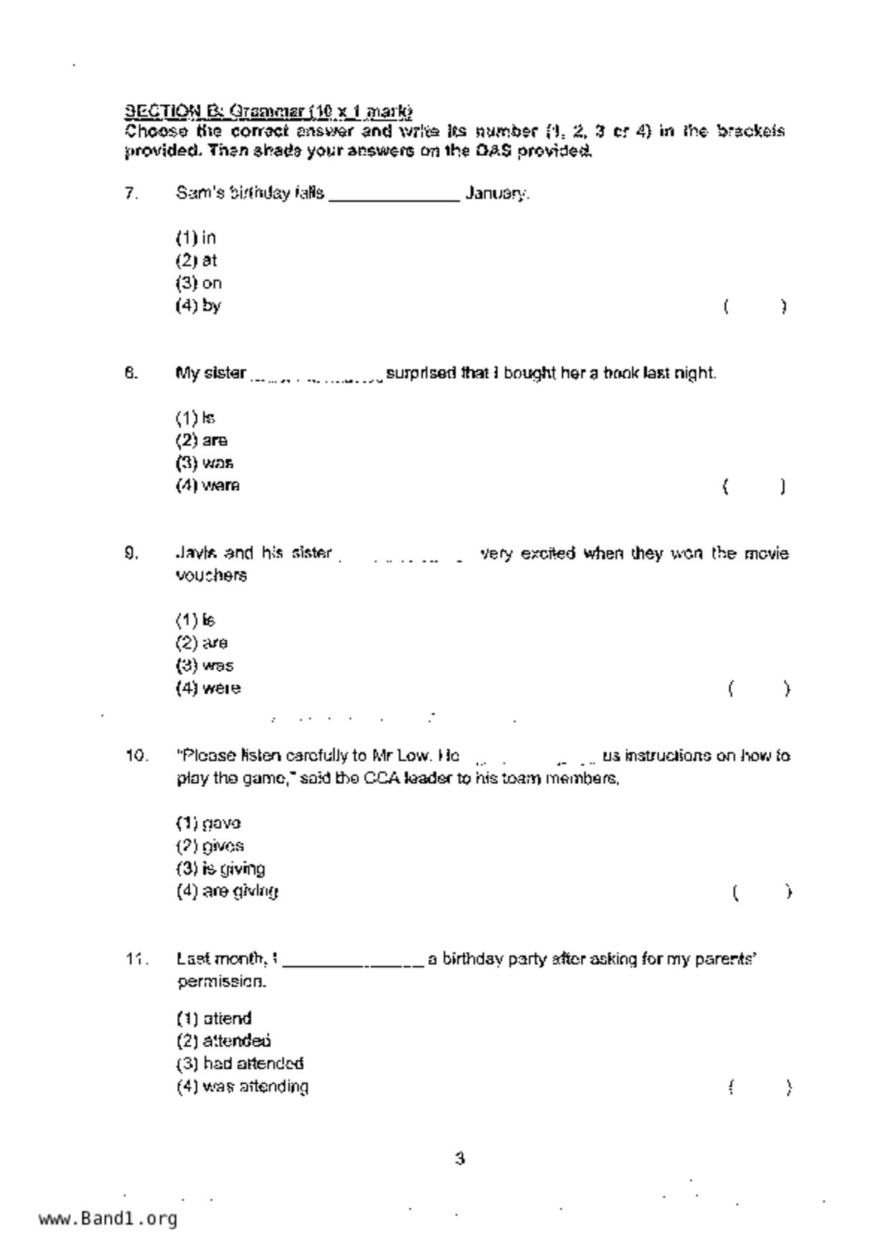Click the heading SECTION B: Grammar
click(x=268, y=111)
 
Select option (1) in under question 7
click(x=196, y=238)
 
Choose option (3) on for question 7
click(x=199, y=283)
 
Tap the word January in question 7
click(x=497, y=193)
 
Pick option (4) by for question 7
click(x=199, y=306)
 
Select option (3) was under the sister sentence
click(x=204, y=463)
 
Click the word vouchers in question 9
click(x=211, y=576)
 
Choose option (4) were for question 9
click(x=208, y=688)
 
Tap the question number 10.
click(x=136, y=756)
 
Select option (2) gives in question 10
click(x=210, y=846)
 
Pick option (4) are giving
click(x=227, y=891)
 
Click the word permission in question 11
click(x=222, y=981)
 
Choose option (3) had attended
click(x=240, y=1063)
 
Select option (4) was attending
click(x=243, y=1087)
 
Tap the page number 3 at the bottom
click(x=460, y=1159)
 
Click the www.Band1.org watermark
click(x=108, y=1219)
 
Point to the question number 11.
click(x=136, y=959)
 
